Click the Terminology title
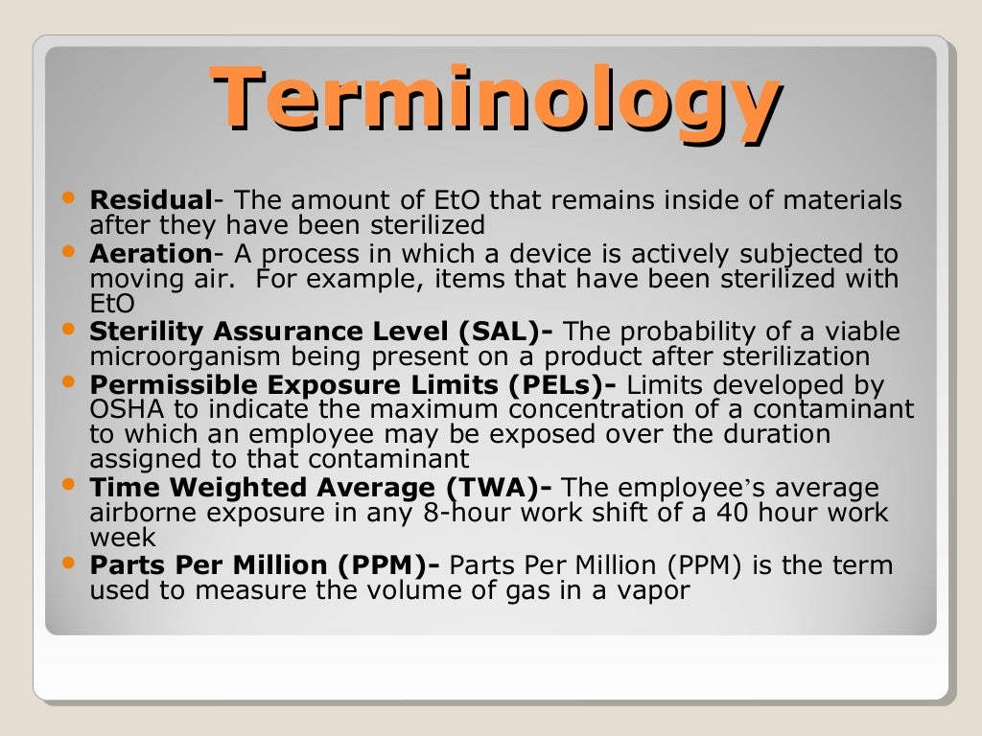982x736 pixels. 495,100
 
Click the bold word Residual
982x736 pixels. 151,201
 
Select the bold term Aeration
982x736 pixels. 151,254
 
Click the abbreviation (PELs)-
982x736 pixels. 567,385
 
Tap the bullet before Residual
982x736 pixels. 66,197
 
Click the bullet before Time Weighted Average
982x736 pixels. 66,484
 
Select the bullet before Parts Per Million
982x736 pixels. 66,562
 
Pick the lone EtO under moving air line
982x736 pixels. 111,304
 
